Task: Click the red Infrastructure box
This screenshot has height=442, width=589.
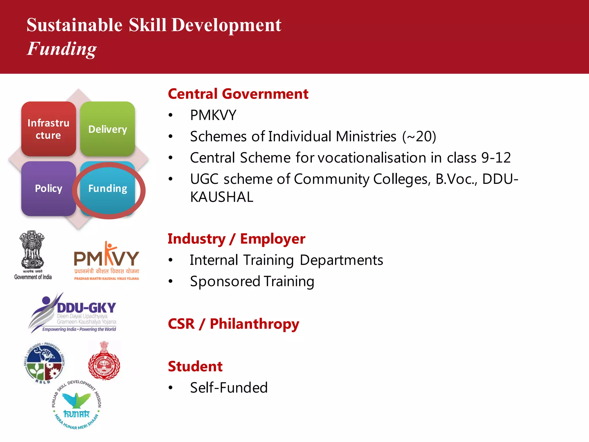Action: [x=49, y=129]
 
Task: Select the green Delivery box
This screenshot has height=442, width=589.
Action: [x=108, y=129]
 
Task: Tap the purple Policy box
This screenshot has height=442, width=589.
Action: [x=49, y=188]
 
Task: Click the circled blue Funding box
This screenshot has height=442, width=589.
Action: [x=108, y=189]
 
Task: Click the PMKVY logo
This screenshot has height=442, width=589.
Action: [x=106, y=260]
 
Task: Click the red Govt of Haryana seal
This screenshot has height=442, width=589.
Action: [x=104, y=361]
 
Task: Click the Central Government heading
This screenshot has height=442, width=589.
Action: [x=238, y=94]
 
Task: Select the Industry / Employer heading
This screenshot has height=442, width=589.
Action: [x=236, y=239]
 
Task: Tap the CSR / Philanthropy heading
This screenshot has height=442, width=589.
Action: [x=233, y=324]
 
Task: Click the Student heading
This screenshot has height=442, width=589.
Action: [x=195, y=367]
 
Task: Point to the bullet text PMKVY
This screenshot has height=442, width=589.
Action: [x=213, y=115]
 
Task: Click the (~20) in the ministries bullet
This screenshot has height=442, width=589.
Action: [x=419, y=137]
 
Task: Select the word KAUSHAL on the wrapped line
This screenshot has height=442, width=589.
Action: [x=221, y=197]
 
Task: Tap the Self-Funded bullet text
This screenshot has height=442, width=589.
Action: [x=229, y=388]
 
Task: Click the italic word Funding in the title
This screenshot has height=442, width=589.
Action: [x=62, y=49]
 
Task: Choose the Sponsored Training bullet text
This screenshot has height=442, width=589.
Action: [x=252, y=281]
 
